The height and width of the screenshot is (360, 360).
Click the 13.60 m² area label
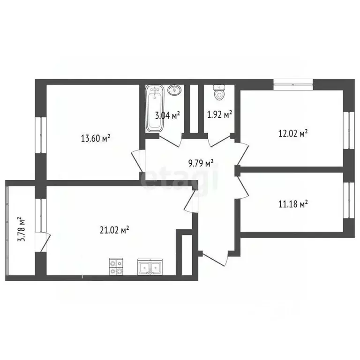pos(96,138)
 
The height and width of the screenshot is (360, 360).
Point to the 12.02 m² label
pos(293,133)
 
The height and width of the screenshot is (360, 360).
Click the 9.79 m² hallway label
pos(201,164)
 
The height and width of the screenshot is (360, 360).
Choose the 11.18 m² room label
pos(292,204)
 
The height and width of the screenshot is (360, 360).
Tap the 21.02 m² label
pos(114,230)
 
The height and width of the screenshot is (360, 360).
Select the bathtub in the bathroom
pos(154,108)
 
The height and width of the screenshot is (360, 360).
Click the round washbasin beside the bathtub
pos(174,90)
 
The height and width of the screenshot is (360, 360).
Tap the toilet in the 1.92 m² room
pos(218,93)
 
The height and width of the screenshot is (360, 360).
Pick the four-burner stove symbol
pos(116,267)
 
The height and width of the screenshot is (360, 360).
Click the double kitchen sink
pos(150,267)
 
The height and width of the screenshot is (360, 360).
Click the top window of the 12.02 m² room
pos(293,83)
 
